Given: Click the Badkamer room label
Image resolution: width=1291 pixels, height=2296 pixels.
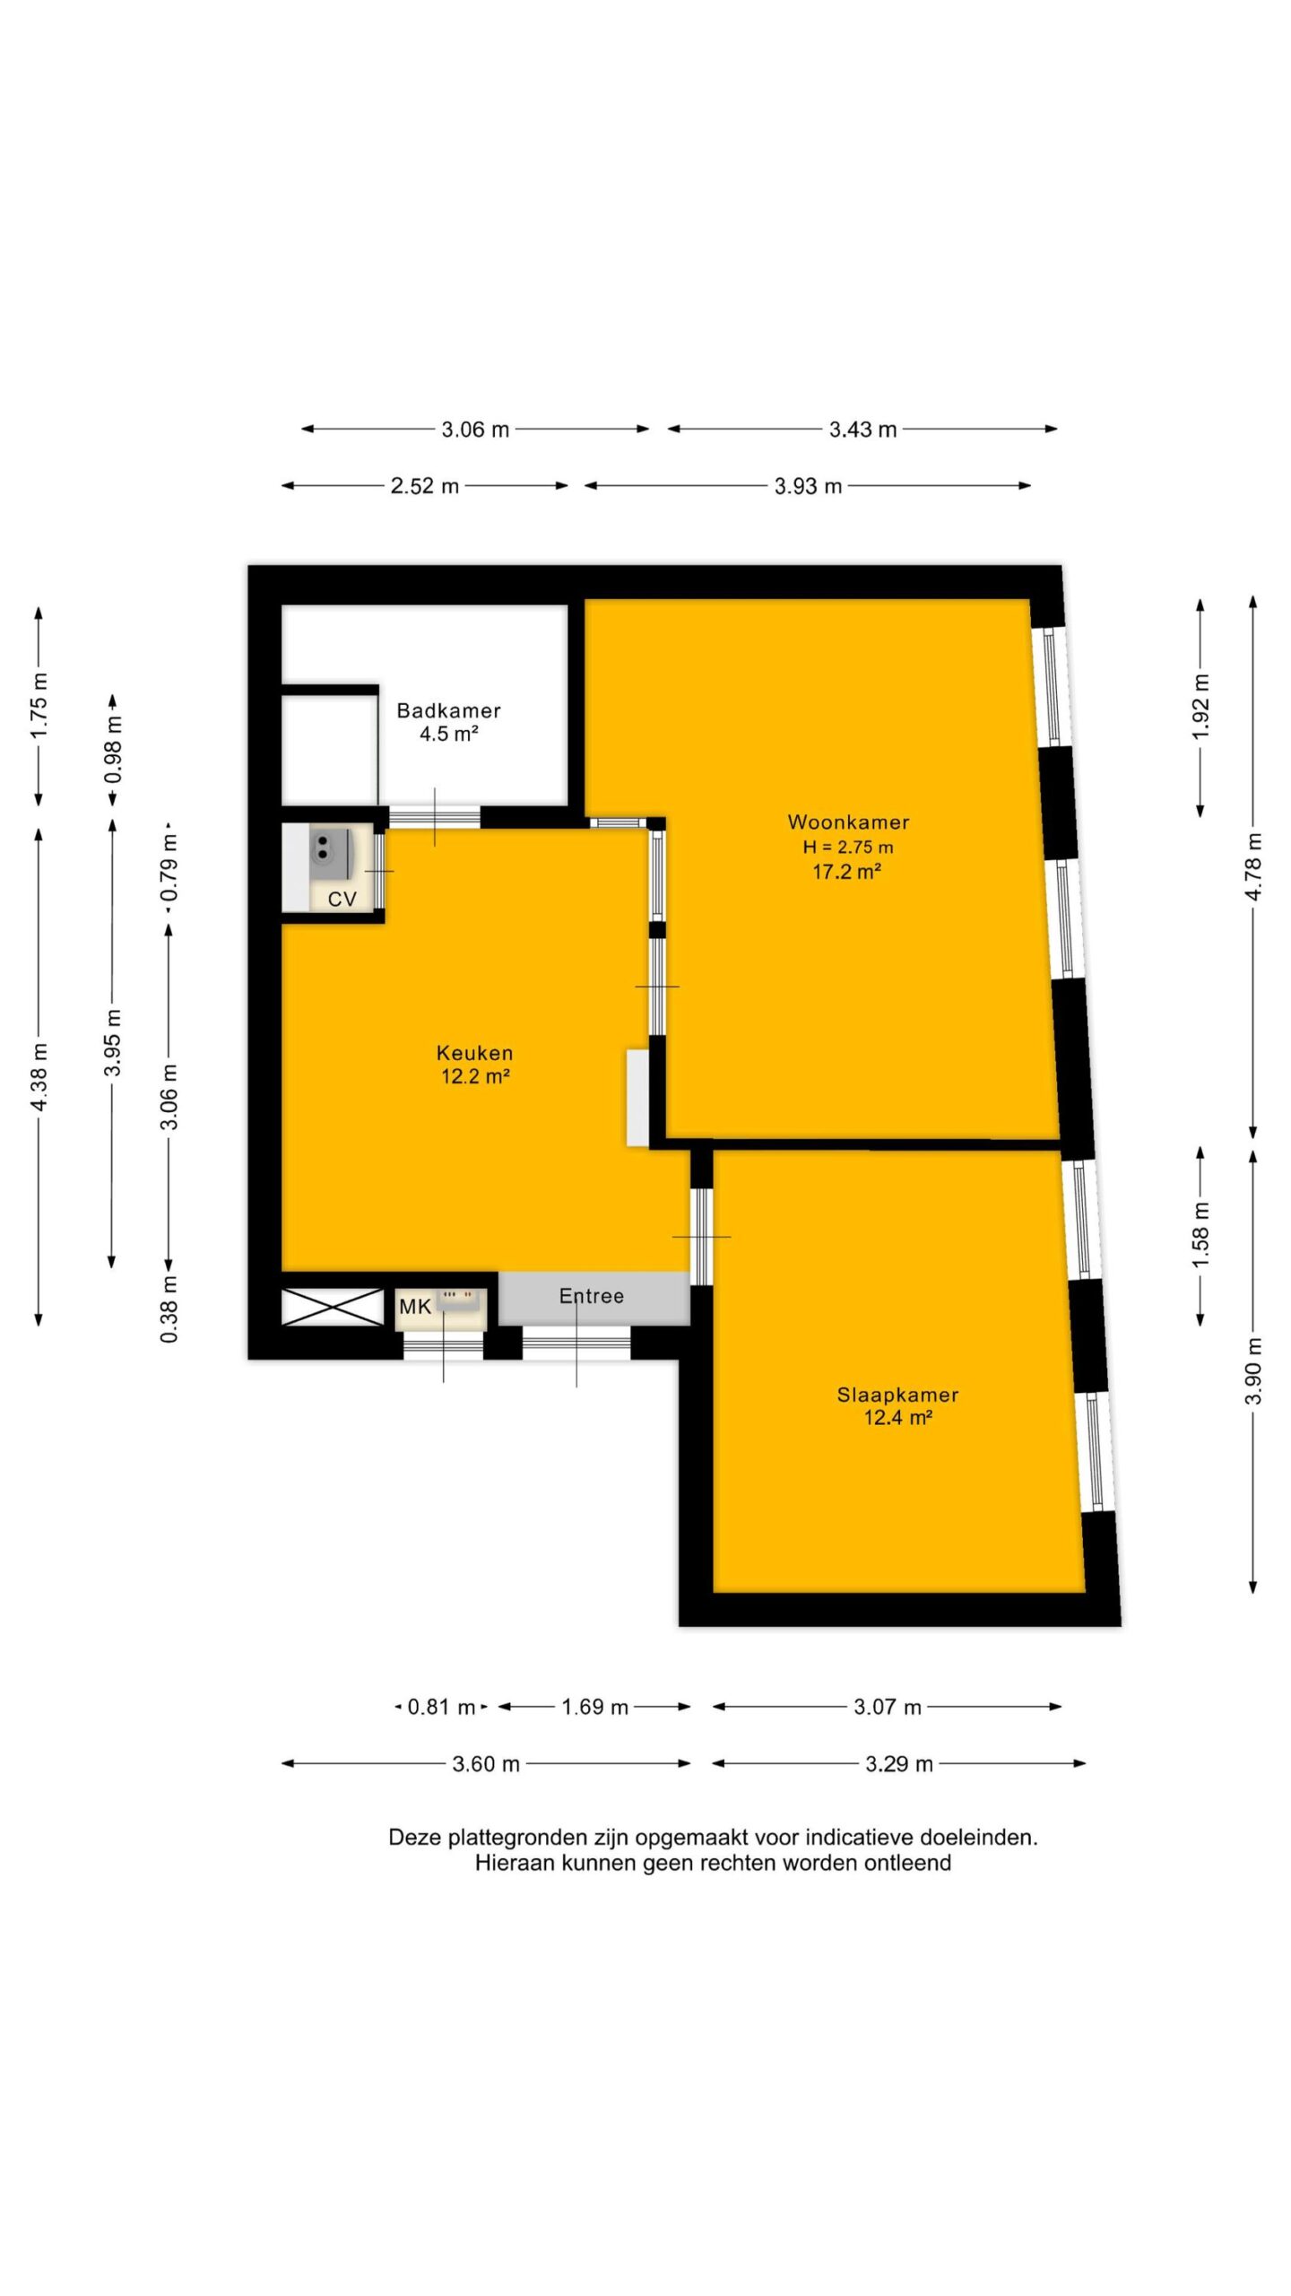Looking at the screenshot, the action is click(448, 710).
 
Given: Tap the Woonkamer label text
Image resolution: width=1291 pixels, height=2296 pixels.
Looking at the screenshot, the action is click(848, 822).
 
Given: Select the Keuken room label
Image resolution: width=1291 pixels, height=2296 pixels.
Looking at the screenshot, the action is click(474, 1053).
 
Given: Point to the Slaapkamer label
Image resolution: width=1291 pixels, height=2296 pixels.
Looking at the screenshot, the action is click(897, 1395).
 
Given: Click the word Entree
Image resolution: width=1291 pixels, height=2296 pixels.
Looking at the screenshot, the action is click(591, 1296).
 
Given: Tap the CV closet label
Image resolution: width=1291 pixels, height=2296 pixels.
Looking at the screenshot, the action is click(342, 899).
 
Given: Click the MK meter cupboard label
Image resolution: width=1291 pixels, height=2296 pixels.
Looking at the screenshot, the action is click(415, 1307).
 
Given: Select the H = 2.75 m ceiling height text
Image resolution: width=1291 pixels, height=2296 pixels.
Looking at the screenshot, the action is click(848, 847).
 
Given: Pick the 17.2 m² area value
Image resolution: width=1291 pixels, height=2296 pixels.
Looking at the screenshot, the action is click(846, 871).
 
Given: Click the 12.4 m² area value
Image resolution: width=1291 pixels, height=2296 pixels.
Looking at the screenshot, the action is click(897, 1418).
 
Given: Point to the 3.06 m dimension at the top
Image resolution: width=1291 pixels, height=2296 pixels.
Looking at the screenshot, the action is click(475, 430).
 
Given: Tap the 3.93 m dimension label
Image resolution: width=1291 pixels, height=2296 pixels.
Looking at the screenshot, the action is click(808, 486).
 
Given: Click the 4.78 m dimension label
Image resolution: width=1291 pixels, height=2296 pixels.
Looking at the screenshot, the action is click(1253, 866).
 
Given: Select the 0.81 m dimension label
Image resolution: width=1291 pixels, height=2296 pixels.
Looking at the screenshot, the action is click(441, 1707).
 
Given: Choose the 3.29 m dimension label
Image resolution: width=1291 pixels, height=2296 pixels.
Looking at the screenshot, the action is click(898, 1764).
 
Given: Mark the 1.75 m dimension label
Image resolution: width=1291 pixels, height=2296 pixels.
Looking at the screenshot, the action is click(39, 705).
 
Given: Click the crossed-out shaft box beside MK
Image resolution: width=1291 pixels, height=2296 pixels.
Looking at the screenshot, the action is click(333, 1307).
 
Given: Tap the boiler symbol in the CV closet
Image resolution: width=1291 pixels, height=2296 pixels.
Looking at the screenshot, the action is click(330, 850).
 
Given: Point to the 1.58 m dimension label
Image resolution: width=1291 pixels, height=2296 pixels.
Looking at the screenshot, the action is click(1200, 1236).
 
